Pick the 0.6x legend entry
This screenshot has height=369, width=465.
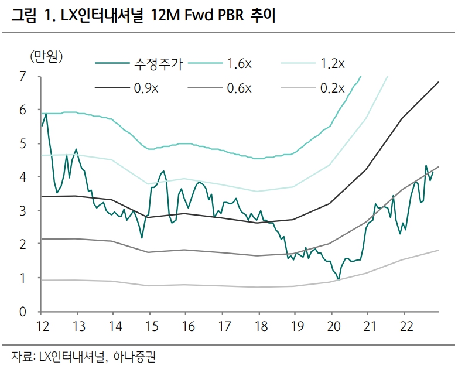[240, 88]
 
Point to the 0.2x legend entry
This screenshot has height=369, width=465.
[333, 88]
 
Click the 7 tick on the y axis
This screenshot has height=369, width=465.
[23, 76]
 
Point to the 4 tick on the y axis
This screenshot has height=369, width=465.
[23, 176]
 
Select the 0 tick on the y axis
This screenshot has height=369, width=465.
[23, 311]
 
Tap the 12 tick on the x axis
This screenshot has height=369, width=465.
[42, 326]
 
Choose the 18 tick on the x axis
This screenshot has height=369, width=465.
[258, 326]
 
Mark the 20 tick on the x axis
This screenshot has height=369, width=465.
[331, 326]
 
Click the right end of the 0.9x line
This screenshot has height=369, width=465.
[438, 82]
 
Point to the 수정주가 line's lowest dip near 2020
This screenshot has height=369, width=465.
[339, 279]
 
